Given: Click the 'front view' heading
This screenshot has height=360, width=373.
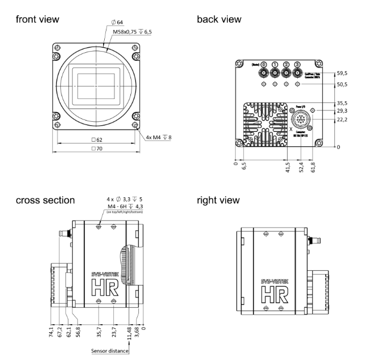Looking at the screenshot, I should pyautogui.click(x=38, y=20).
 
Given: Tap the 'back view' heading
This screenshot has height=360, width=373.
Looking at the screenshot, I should pyautogui.click(x=218, y=20).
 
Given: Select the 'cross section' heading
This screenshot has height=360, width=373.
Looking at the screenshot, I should pyautogui.click(x=45, y=200).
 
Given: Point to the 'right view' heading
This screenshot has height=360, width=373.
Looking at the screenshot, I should pyautogui.click(x=218, y=200).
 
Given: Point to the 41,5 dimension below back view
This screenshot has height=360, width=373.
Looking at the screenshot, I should pyautogui.click(x=285, y=168).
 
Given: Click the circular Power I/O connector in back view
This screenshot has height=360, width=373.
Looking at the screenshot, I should pyautogui.click(x=301, y=120).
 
